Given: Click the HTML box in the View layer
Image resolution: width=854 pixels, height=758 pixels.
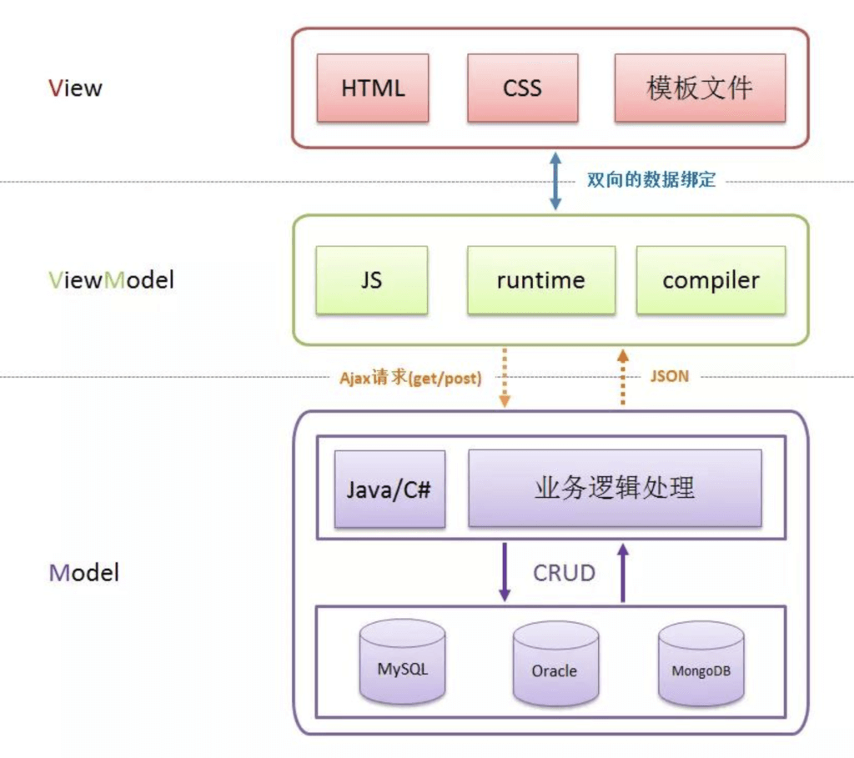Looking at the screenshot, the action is tap(373, 88).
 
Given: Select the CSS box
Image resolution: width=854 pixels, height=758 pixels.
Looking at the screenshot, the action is tap(522, 88).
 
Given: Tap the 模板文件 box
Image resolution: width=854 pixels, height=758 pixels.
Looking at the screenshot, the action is tap(700, 88).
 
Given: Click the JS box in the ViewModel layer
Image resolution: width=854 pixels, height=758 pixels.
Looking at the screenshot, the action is tap(371, 280).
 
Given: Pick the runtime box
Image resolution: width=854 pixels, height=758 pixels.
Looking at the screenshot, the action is tap(540, 280).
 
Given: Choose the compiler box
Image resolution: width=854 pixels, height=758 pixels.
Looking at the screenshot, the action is tap(711, 280).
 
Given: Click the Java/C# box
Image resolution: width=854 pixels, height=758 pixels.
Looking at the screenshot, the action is tap(389, 489).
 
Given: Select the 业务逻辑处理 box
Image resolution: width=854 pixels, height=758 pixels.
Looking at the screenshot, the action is tap(615, 488).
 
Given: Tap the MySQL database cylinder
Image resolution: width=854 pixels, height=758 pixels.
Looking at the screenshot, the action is tap(403, 661).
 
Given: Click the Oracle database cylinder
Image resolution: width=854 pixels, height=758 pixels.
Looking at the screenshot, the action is tap(555, 663).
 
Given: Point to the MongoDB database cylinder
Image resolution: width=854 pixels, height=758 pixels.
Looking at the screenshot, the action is tap(701, 664).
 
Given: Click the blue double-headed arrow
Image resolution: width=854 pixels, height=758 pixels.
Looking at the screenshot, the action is tap(555, 181).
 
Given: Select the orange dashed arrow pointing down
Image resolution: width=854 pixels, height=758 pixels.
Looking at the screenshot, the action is tap(505, 378).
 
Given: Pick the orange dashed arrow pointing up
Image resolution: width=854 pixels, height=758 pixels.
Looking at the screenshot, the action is tap(623, 378).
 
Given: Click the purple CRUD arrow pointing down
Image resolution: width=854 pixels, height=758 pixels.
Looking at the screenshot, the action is tap(505, 572).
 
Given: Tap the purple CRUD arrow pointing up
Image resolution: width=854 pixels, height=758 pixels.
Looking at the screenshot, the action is tap(623, 573).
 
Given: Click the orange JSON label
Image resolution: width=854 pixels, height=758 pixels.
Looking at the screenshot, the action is tap(670, 376).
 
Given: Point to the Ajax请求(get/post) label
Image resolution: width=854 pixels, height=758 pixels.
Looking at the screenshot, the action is tap(410, 378).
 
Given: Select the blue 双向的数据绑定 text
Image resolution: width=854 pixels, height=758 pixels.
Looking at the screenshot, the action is tap(651, 179).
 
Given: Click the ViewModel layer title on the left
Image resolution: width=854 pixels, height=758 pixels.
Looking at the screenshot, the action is tap(112, 280).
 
